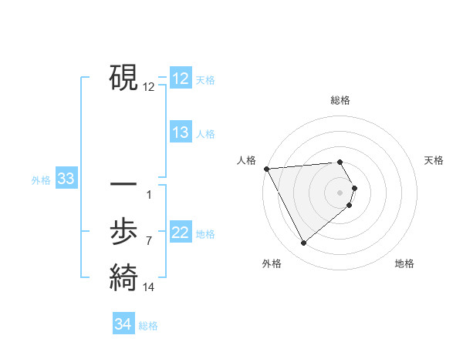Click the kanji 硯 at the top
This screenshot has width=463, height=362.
(123, 77)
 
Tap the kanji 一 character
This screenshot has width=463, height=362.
(123, 186)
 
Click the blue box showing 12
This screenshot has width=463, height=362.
(181, 79)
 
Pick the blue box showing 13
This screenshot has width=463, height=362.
(181, 132)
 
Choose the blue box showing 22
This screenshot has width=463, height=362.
(181, 233)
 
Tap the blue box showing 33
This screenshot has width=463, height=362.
(66, 179)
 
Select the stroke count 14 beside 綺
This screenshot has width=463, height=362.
(148, 287)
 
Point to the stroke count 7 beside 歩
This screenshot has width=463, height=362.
(148, 241)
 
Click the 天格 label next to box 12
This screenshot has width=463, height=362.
(205, 80)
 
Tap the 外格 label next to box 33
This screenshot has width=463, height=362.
(41, 180)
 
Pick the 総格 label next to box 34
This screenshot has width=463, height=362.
(148, 326)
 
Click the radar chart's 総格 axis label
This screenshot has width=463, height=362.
(340, 100)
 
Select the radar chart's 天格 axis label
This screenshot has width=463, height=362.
(434, 160)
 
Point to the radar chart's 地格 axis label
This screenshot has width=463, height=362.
(404, 263)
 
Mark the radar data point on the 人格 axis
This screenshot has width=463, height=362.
(266, 168)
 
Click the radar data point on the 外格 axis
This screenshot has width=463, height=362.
(303, 243)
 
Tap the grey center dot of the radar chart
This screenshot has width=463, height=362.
(340, 192)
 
